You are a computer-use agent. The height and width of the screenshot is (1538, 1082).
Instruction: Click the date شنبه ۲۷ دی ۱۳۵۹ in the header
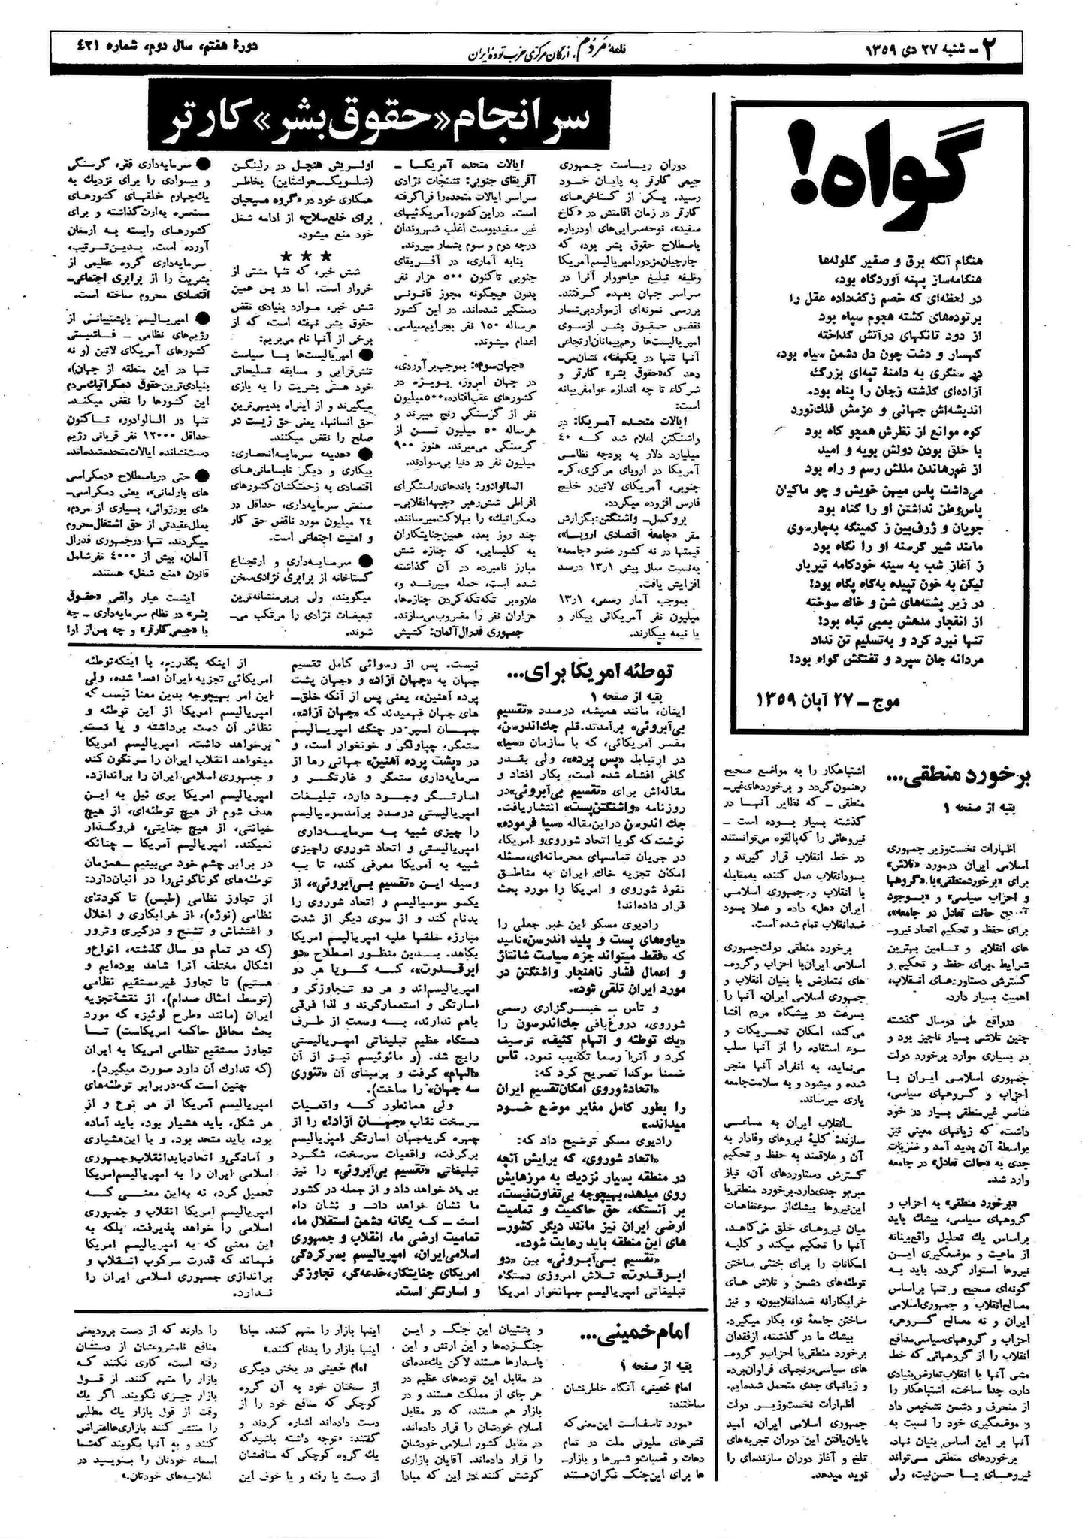coord(924,49)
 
